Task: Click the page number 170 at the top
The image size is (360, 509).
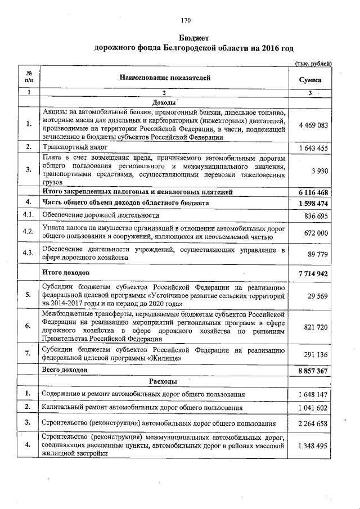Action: pos(186,21)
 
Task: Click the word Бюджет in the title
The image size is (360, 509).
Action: pos(186,38)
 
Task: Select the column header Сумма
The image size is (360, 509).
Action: pos(310,80)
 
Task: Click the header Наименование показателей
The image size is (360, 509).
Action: pos(164,78)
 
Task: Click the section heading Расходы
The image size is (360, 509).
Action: pos(164,381)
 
